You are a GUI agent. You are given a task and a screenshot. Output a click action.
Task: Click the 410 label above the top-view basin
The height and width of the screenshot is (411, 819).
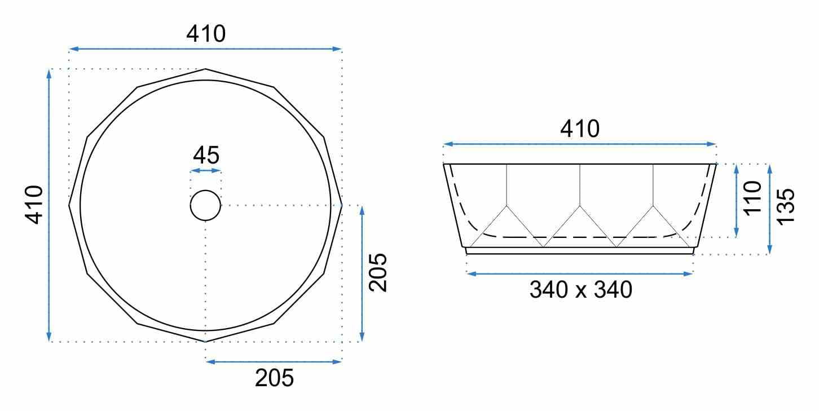click(x=206, y=34)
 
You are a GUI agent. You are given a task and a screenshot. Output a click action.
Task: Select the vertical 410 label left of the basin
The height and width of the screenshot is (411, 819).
click(x=34, y=205)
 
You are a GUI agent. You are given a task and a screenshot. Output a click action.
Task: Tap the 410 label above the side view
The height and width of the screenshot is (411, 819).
click(x=580, y=129)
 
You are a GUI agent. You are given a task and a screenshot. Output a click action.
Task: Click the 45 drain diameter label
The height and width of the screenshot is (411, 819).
click(x=206, y=155)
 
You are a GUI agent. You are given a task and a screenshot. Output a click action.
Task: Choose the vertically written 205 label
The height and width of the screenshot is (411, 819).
click(x=378, y=272)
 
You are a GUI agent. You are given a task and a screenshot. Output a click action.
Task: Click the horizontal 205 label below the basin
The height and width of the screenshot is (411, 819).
click(x=274, y=378)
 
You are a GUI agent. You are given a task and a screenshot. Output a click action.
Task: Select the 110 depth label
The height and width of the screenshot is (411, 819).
click(x=752, y=198)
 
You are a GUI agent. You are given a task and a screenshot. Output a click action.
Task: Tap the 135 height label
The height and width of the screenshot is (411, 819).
click(x=785, y=207)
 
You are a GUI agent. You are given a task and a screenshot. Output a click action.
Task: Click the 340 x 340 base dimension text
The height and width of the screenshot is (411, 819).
click(x=580, y=290)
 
